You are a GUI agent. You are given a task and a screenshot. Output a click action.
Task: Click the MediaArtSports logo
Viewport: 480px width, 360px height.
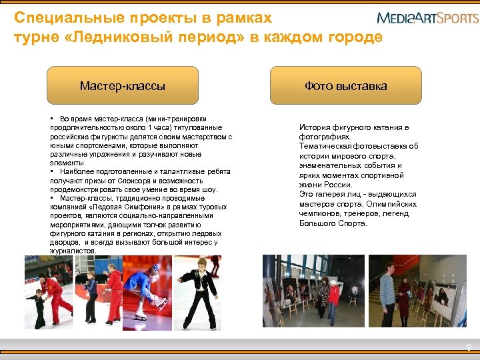[427, 17]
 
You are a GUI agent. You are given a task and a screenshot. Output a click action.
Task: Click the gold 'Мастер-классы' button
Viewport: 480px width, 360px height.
[123, 86]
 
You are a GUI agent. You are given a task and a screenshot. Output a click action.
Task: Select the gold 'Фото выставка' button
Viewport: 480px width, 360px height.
[345, 86]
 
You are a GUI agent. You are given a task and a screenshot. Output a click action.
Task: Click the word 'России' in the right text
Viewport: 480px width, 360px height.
[337, 185]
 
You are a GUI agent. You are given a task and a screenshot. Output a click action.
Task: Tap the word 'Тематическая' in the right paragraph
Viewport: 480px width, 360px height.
[327, 146]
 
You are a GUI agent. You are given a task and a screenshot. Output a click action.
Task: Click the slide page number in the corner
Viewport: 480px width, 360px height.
[469, 347]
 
